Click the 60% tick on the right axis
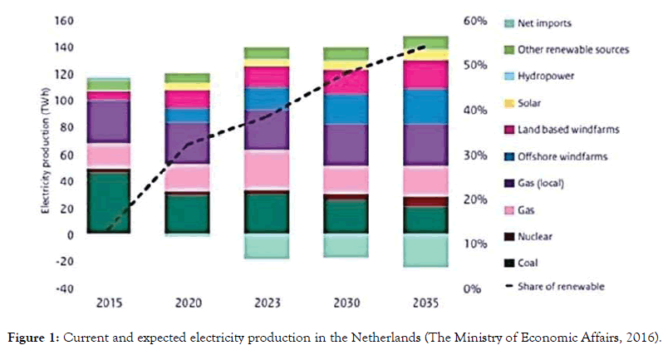[475, 20]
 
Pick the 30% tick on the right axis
[475, 155]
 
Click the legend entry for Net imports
[544, 24]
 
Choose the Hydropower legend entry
[547, 76]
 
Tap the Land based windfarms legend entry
[564, 129]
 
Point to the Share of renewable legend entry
[560, 287]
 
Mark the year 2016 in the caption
[643, 339]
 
